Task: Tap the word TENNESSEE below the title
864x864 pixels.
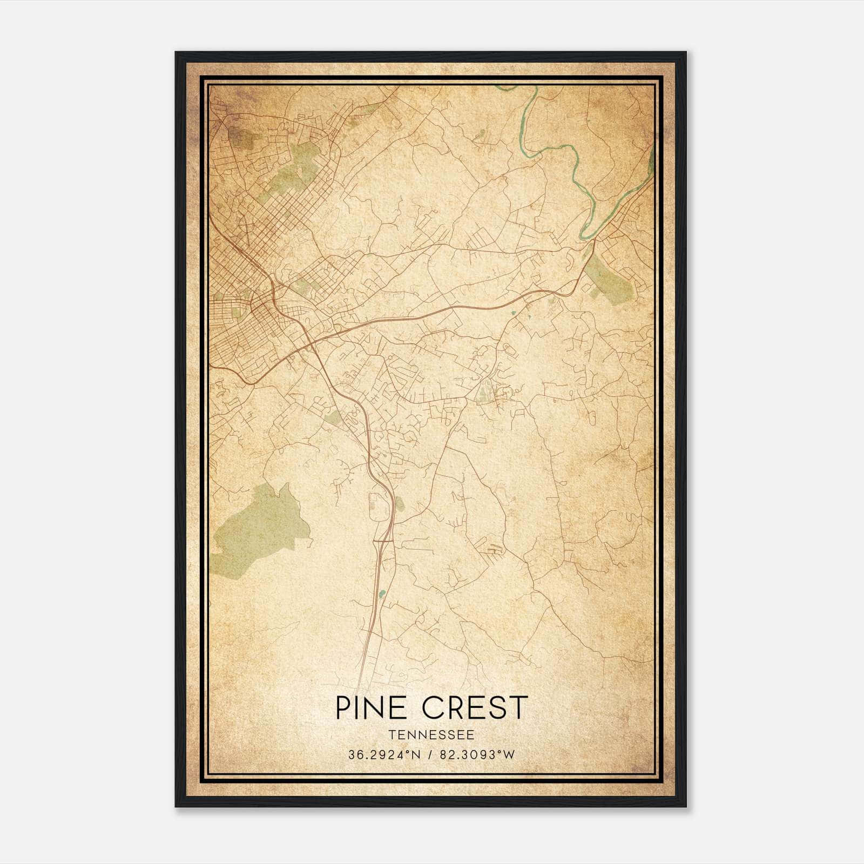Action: pos(431,735)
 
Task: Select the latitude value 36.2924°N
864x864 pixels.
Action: pos(384,755)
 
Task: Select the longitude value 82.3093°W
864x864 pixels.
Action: pos(478,755)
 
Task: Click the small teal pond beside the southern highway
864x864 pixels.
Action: pos(382,594)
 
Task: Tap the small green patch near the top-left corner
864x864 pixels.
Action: pos(240,138)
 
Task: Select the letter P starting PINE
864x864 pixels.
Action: pos(342,708)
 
